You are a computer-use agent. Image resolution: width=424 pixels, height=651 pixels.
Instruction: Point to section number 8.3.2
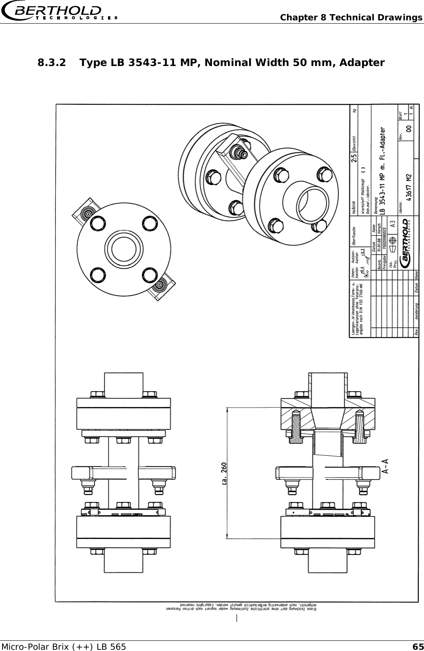click(x=52, y=63)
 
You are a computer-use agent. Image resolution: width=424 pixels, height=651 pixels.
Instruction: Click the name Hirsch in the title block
click(x=380, y=229)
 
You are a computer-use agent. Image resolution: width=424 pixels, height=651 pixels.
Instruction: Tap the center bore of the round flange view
click(x=124, y=249)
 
